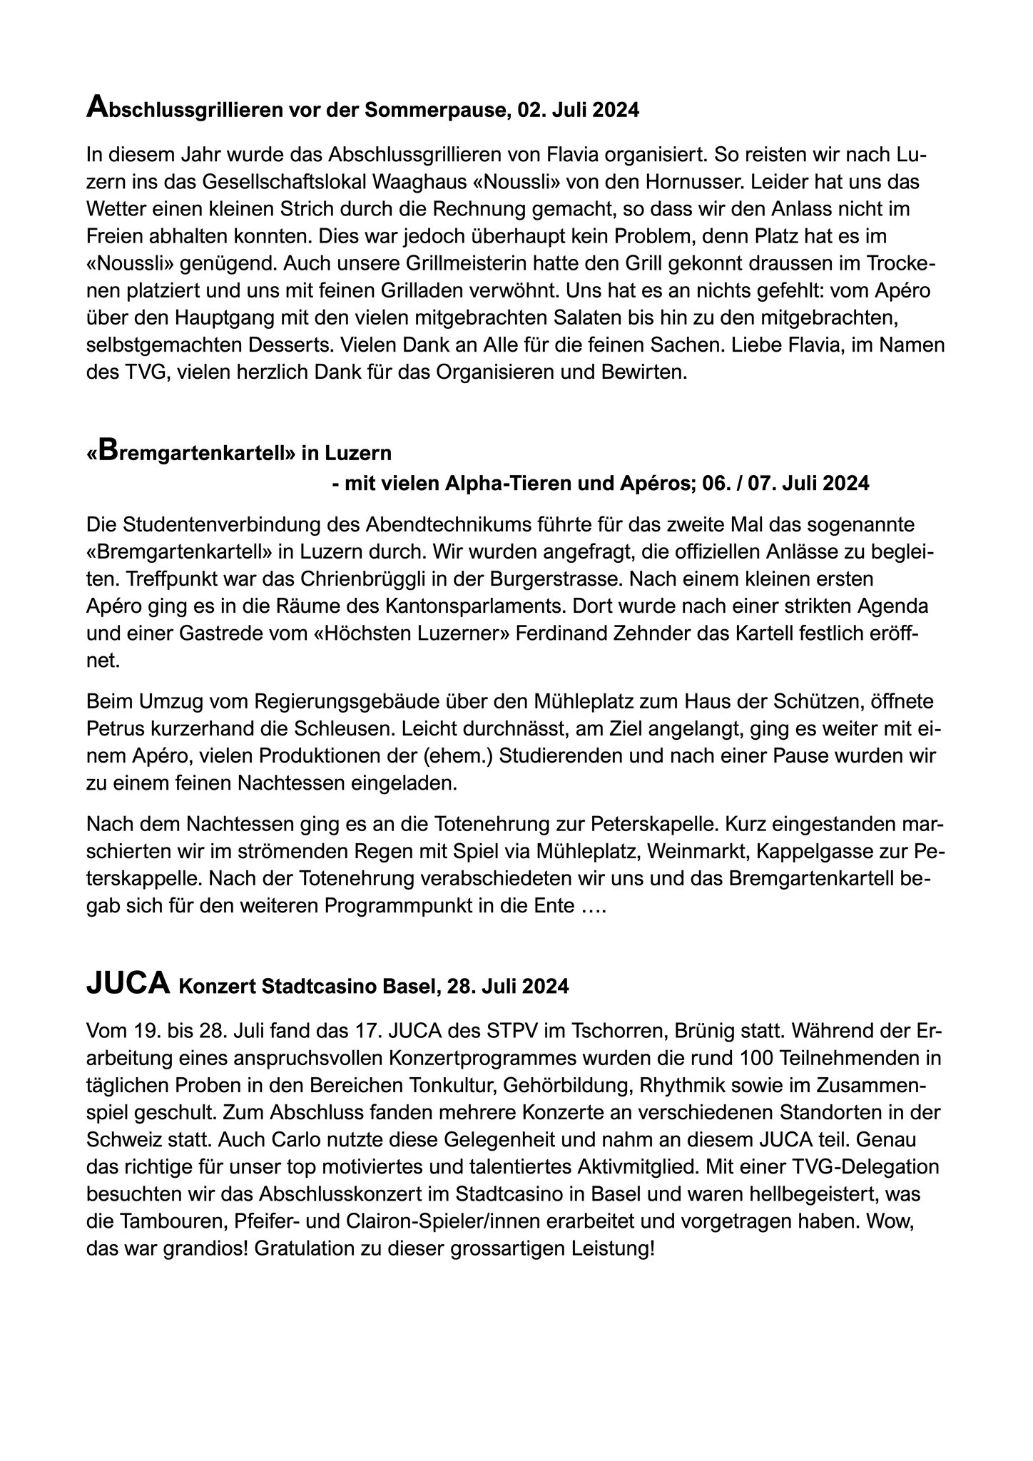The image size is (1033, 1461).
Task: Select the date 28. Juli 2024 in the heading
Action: click(x=509, y=987)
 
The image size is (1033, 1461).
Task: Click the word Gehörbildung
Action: click(x=566, y=1085)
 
